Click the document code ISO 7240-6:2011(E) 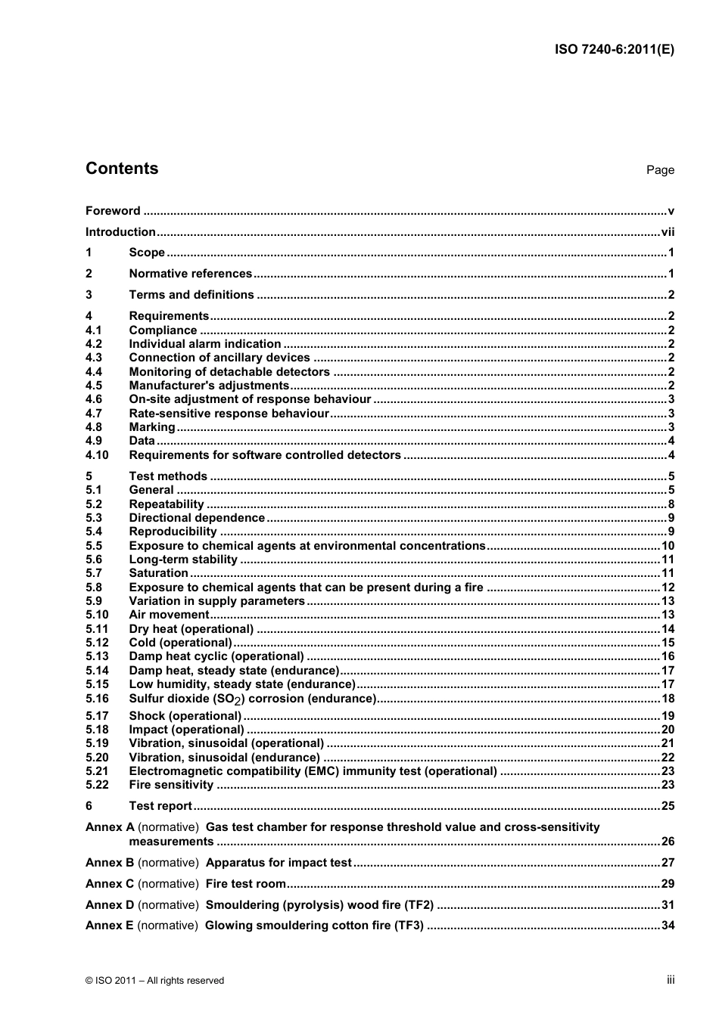click(615, 50)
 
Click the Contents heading click(122, 169)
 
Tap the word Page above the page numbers click(660, 170)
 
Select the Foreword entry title click(113, 211)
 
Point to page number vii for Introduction click(667, 232)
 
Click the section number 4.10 click(97, 455)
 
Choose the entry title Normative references click(190, 274)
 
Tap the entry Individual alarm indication click(204, 344)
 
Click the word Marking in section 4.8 click(152, 427)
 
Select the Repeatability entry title click(167, 504)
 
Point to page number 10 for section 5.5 click(668, 546)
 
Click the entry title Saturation click(158, 573)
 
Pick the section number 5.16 click(97, 699)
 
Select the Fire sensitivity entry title click(171, 785)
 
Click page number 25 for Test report click(668, 806)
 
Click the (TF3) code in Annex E click(409, 926)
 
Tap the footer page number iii click(671, 980)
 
